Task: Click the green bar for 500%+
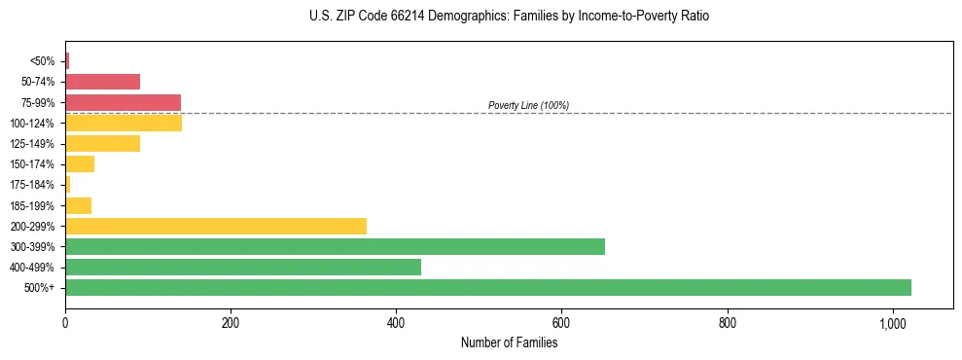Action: pyautogui.click(x=488, y=287)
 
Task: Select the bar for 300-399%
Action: pyautogui.click(x=335, y=246)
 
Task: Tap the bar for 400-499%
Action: pyautogui.click(x=243, y=267)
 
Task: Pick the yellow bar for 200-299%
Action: pyautogui.click(x=216, y=226)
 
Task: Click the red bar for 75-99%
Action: pyautogui.click(x=123, y=102)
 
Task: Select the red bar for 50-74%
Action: pyautogui.click(x=102, y=82)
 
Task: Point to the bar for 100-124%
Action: pyautogui.click(x=124, y=123)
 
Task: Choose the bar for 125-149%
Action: pyautogui.click(x=102, y=143)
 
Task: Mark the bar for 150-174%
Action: pyautogui.click(x=80, y=163)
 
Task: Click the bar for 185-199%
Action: pyautogui.click(x=78, y=205)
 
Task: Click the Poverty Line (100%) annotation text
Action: pyautogui.click(x=528, y=105)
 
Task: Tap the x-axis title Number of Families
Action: pyautogui.click(x=509, y=342)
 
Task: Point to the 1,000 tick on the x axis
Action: pyautogui.click(x=893, y=323)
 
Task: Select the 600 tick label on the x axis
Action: pyautogui.click(x=561, y=323)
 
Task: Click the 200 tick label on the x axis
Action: pyautogui.click(x=231, y=323)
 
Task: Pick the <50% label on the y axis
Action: pyautogui.click(x=43, y=61)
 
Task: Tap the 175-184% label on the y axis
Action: pyautogui.click(x=33, y=185)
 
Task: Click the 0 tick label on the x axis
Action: pyautogui.click(x=65, y=323)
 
